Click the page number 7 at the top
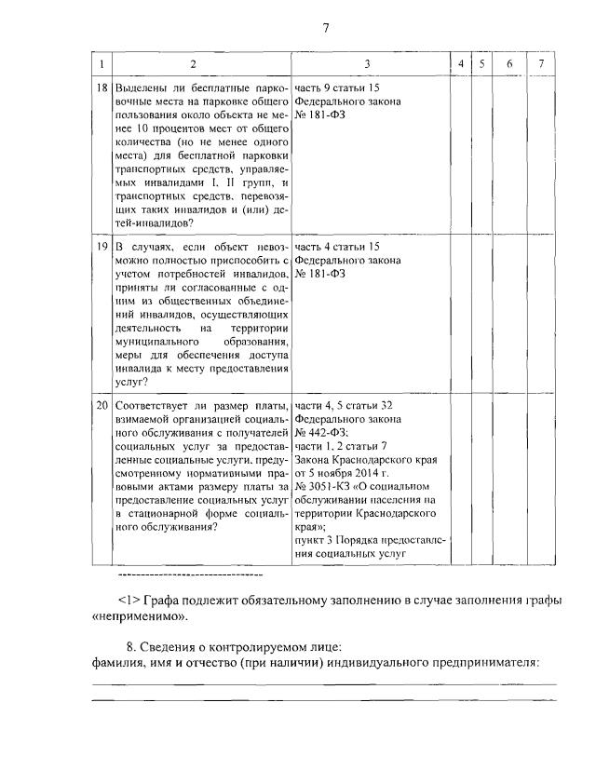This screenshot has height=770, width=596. point(326,28)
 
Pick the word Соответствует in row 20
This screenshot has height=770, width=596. point(153,406)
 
